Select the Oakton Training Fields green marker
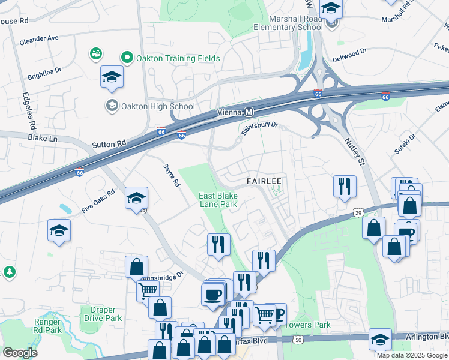coord(127,58)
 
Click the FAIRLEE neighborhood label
coord(264,181)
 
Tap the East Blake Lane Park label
coord(218,200)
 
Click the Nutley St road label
coord(354,151)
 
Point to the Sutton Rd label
coord(110,144)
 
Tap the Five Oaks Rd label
coord(98,203)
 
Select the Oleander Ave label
coord(39,37)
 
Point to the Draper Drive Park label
coord(101,314)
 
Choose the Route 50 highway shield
coord(282,340)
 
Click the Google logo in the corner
coord(19,353)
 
